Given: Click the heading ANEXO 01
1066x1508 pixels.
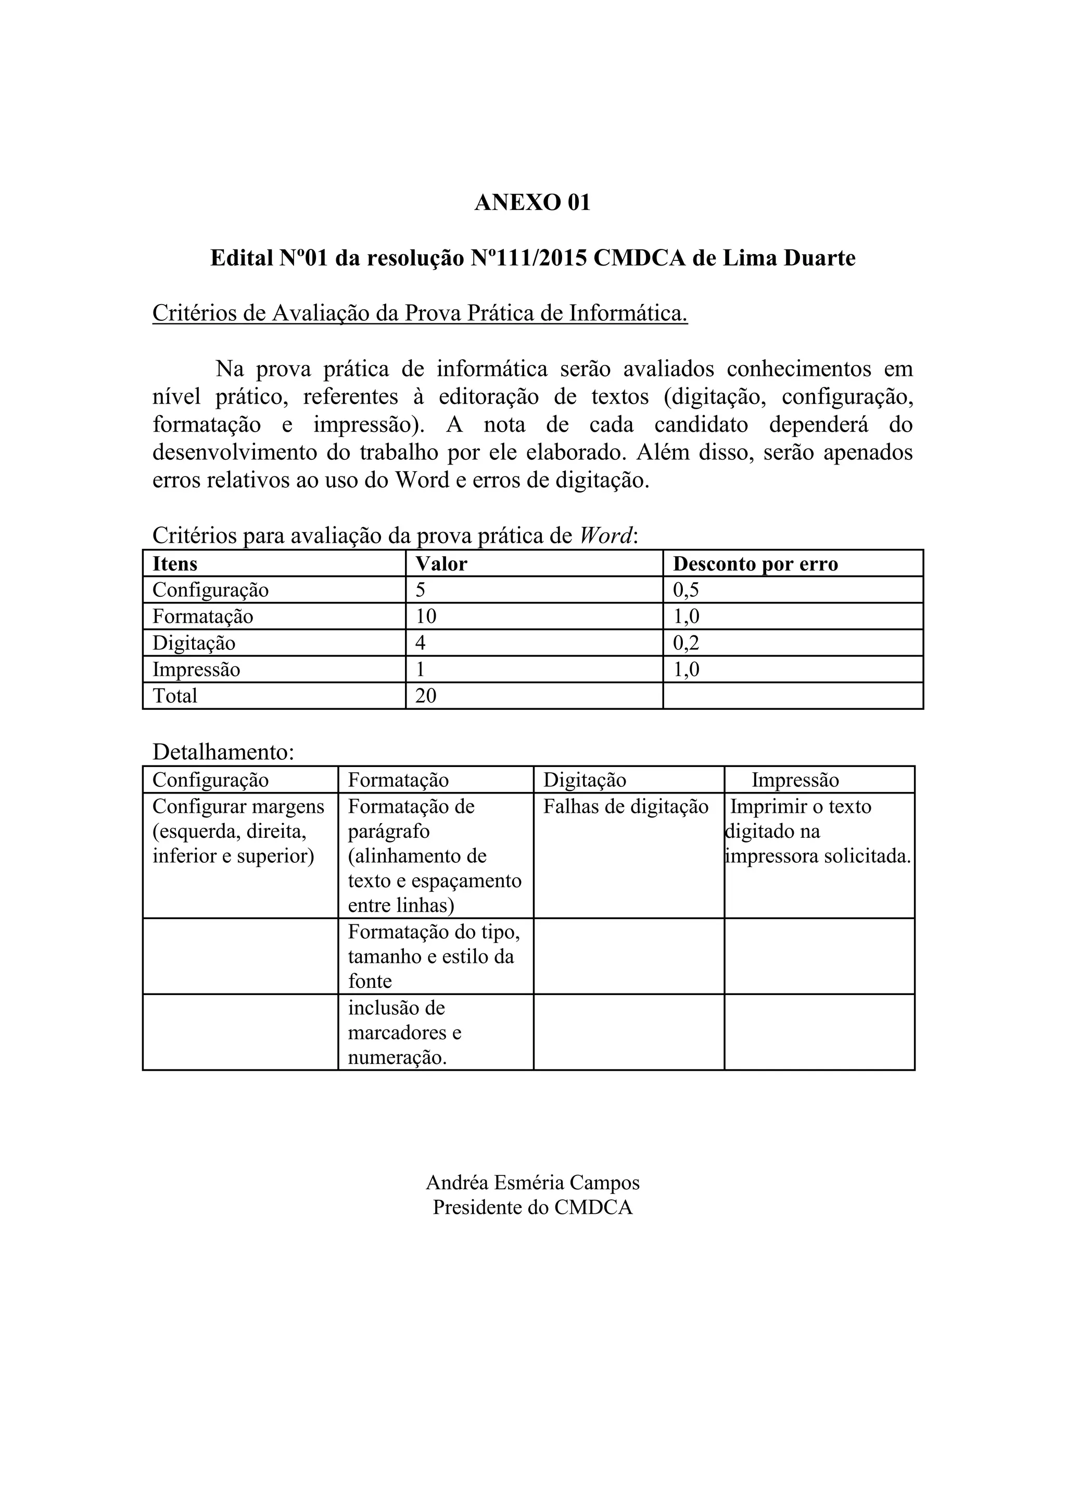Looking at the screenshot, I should pos(532,202).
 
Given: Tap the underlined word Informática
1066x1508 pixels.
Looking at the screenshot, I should pos(628,313).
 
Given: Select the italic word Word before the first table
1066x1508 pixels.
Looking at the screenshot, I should pos(606,536).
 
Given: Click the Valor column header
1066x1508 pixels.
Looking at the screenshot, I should pos(441,563).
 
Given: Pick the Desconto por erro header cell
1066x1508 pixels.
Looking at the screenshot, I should pos(756,563).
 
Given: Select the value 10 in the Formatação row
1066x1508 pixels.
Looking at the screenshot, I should pos(425,616).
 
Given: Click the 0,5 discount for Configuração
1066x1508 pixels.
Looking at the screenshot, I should pos(686,590).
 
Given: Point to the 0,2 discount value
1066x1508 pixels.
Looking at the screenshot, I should pos(686,643).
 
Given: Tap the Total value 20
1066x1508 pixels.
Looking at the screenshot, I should pos(425,696).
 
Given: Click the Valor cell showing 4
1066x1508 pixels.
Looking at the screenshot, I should pos(420,643).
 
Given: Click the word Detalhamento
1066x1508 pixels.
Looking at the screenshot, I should pos(223,752).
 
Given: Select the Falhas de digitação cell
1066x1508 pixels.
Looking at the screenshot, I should pos(626,807).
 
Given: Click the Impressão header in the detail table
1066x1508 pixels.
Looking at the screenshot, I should pos(795,780).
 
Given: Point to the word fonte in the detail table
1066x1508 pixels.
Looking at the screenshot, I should pos(370,981).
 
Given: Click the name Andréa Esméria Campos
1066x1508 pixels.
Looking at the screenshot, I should pos(532,1182).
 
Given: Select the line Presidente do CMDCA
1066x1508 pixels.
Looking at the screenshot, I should pos(532,1207).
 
